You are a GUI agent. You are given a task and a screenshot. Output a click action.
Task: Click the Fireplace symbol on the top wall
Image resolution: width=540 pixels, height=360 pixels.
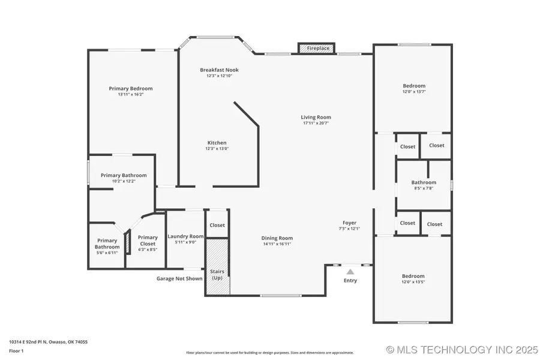pos(316,48)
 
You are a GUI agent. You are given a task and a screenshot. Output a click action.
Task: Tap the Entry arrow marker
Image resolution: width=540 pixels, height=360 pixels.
pos(350,272)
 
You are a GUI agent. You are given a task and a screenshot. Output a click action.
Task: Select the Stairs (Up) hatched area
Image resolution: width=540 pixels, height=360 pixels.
pos(217,267)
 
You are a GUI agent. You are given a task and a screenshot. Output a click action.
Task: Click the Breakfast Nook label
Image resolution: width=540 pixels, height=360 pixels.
pos(215,70)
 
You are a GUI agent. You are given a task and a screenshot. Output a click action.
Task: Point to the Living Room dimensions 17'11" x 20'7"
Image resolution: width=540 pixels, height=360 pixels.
pos(316,123)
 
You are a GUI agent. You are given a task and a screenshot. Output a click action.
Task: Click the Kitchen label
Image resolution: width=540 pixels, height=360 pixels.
pos(217,143)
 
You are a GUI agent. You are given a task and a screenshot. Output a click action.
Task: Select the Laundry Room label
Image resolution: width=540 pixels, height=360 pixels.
pos(185,236)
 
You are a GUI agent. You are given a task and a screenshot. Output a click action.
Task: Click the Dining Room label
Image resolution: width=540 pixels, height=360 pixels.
pos(277,238)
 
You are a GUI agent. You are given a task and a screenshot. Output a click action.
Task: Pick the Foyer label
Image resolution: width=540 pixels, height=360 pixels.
pos(350,223)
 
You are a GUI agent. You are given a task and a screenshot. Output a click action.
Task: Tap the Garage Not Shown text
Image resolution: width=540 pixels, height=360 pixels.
pos(179,278)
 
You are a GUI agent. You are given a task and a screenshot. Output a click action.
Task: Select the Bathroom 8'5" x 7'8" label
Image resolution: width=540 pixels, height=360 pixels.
pos(423,182)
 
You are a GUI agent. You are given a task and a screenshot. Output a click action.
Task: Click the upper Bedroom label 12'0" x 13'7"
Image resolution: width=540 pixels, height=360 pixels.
pos(413,86)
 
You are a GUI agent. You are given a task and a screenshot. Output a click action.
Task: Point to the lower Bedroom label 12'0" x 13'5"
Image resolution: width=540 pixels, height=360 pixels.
pos(413,276)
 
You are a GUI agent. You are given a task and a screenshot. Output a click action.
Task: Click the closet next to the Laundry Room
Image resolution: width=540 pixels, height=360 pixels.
pos(217,225)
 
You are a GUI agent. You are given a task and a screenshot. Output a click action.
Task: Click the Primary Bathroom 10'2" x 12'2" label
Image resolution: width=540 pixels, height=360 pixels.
pos(123,175)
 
